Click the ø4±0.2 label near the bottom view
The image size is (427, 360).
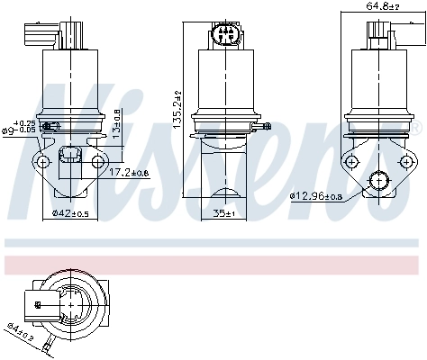[x=20, y=334]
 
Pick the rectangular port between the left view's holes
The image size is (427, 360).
[x=68, y=165]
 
